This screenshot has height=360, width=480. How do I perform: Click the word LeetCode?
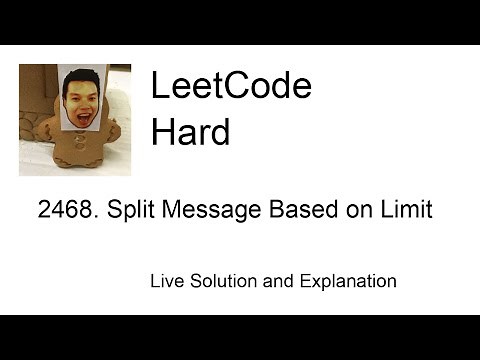coord(230,87)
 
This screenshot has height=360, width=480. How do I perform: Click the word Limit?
coord(408,212)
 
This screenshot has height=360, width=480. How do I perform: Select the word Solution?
coord(223,281)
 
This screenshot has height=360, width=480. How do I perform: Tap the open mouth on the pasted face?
coord(81,111)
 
